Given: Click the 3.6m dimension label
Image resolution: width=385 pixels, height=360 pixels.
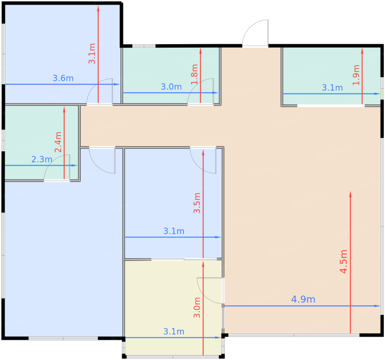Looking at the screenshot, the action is (x=63, y=78).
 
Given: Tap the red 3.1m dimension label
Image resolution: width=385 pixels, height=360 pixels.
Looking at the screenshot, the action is (x=92, y=54).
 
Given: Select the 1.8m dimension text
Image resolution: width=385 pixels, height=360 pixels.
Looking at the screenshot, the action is (x=194, y=74).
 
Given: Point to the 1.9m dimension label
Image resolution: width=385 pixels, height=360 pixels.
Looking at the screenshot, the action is (x=356, y=75).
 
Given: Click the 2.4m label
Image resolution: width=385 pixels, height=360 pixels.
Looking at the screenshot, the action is (x=58, y=142).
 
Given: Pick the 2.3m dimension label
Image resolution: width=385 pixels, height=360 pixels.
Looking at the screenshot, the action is (x=42, y=159).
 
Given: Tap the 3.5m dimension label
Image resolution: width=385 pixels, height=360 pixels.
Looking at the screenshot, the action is (x=197, y=203).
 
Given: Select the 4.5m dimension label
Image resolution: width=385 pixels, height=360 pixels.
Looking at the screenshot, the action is (x=343, y=261).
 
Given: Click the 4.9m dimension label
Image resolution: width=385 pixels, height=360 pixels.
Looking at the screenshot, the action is (x=303, y=299).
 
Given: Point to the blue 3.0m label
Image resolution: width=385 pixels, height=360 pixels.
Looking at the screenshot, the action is (x=171, y=87).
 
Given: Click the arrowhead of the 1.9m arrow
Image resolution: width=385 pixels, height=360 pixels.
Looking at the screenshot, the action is (x=362, y=51).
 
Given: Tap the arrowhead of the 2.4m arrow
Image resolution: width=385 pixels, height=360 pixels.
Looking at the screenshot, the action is (x=64, y=110).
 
